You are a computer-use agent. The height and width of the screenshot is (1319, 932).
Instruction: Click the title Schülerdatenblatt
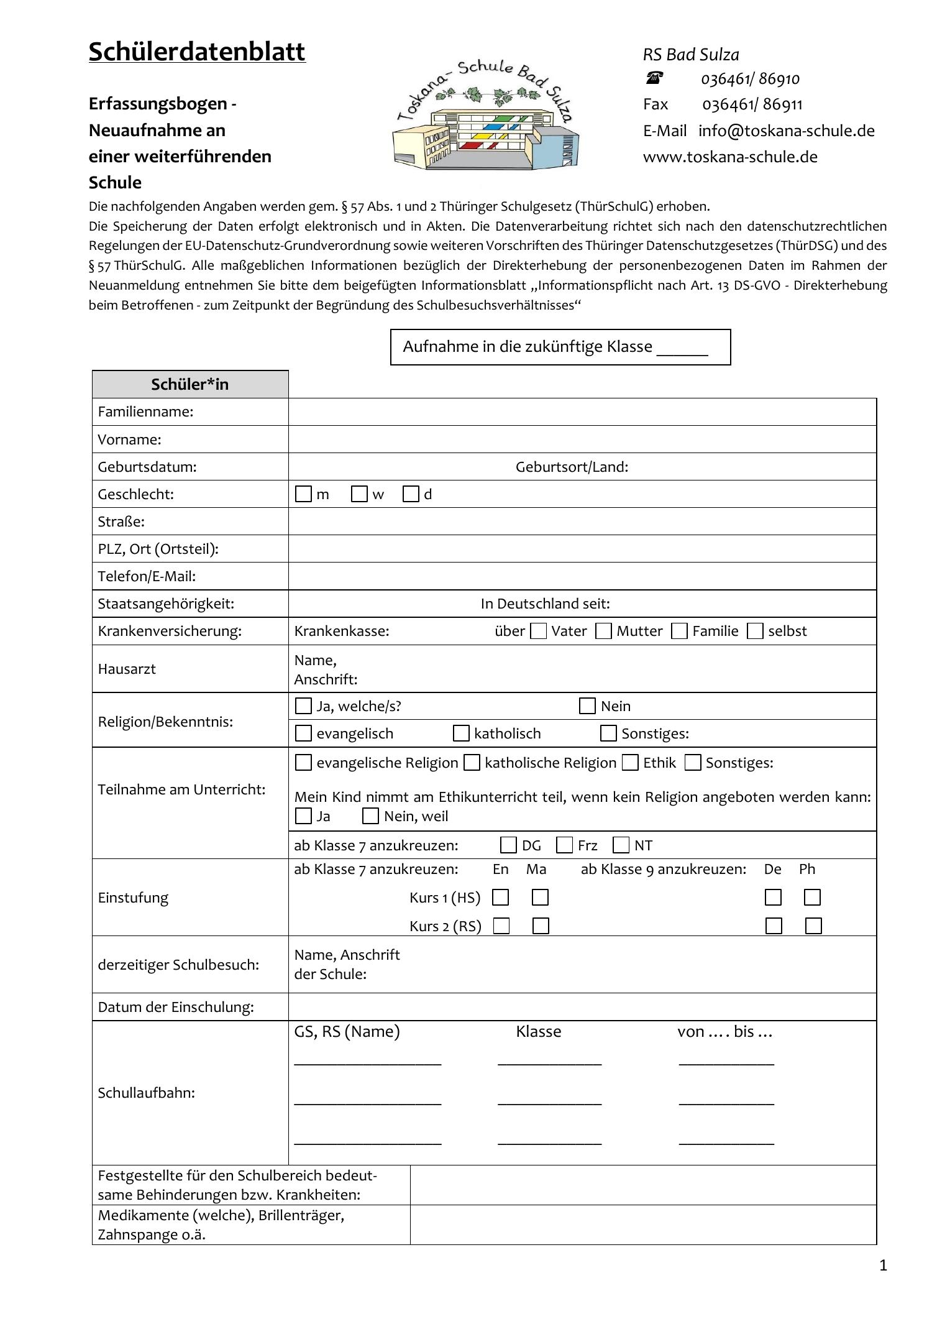pyautogui.click(x=197, y=52)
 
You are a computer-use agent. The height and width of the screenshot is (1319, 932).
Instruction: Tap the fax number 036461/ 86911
pyautogui.click(x=752, y=104)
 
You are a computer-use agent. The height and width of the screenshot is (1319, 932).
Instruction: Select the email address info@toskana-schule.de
pyautogui.click(x=786, y=131)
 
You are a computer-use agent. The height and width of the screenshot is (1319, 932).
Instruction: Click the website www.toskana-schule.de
pyautogui.click(x=730, y=157)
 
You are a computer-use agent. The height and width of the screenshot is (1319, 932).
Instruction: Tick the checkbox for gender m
pyautogui.click(x=303, y=494)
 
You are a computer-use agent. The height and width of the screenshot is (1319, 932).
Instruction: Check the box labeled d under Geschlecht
pyautogui.click(x=411, y=494)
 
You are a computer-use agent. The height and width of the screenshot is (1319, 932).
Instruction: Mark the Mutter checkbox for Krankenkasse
pyautogui.click(x=603, y=631)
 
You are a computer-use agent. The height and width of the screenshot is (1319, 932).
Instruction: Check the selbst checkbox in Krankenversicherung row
pyautogui.click(x=755, y=631)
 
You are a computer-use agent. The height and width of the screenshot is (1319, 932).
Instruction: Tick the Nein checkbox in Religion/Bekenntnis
pyautogui.click(x=587, y=706)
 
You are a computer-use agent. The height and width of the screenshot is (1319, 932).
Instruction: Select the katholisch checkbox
pyautogui.click(x=461, y=733)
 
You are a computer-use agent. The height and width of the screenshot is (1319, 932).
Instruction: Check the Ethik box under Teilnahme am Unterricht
pyautogui.click(x=630, y=763)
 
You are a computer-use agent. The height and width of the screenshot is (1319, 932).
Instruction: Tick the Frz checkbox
pyautogui.click(x=564, y=845)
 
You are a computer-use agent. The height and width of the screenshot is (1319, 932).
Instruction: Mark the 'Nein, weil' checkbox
pyautogui.click(x=370, y=816)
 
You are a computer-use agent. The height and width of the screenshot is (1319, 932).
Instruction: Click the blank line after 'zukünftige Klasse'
pyautogui.click(x=682, y=348)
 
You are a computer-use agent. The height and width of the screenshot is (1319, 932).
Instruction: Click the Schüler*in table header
pyautogui.click(x=190, y=384)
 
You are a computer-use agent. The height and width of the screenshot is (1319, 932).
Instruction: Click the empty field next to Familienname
pyautogui.click(x=582, y=411)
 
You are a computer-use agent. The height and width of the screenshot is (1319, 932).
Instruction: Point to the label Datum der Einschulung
pyautogui.click(x=176, y=1006)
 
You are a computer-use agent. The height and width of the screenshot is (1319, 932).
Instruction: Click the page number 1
pyautogui.click(x=883, y=1266)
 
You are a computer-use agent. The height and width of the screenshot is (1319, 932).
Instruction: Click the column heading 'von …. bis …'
pyautogui.click(x=724, y=1031)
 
